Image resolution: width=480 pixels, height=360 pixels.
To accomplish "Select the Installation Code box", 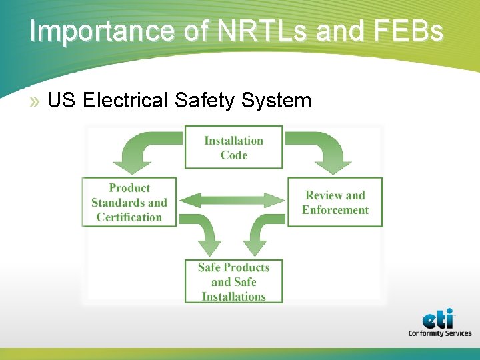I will [233, 147].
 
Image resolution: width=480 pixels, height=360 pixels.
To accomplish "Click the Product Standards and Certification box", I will [129, 202].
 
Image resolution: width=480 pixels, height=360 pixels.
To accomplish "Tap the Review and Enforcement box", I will [335, 202].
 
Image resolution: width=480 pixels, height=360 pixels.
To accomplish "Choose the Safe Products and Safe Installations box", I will [233, 281].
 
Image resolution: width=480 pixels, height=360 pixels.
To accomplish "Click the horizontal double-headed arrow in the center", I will [233, 199].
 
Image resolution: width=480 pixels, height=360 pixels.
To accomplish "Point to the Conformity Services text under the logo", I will [439, 333].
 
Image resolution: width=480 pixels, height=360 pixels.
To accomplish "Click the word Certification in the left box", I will [129, 217].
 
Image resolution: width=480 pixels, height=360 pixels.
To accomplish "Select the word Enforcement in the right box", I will [335, 210].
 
